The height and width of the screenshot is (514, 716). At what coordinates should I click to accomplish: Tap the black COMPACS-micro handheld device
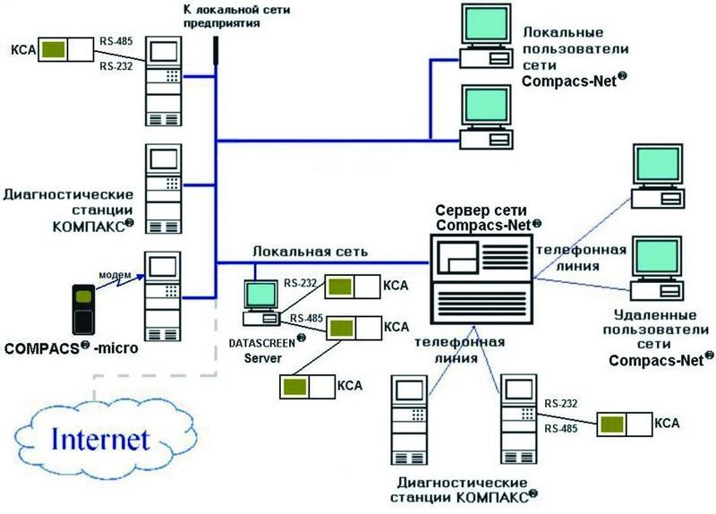click(82, 308)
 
